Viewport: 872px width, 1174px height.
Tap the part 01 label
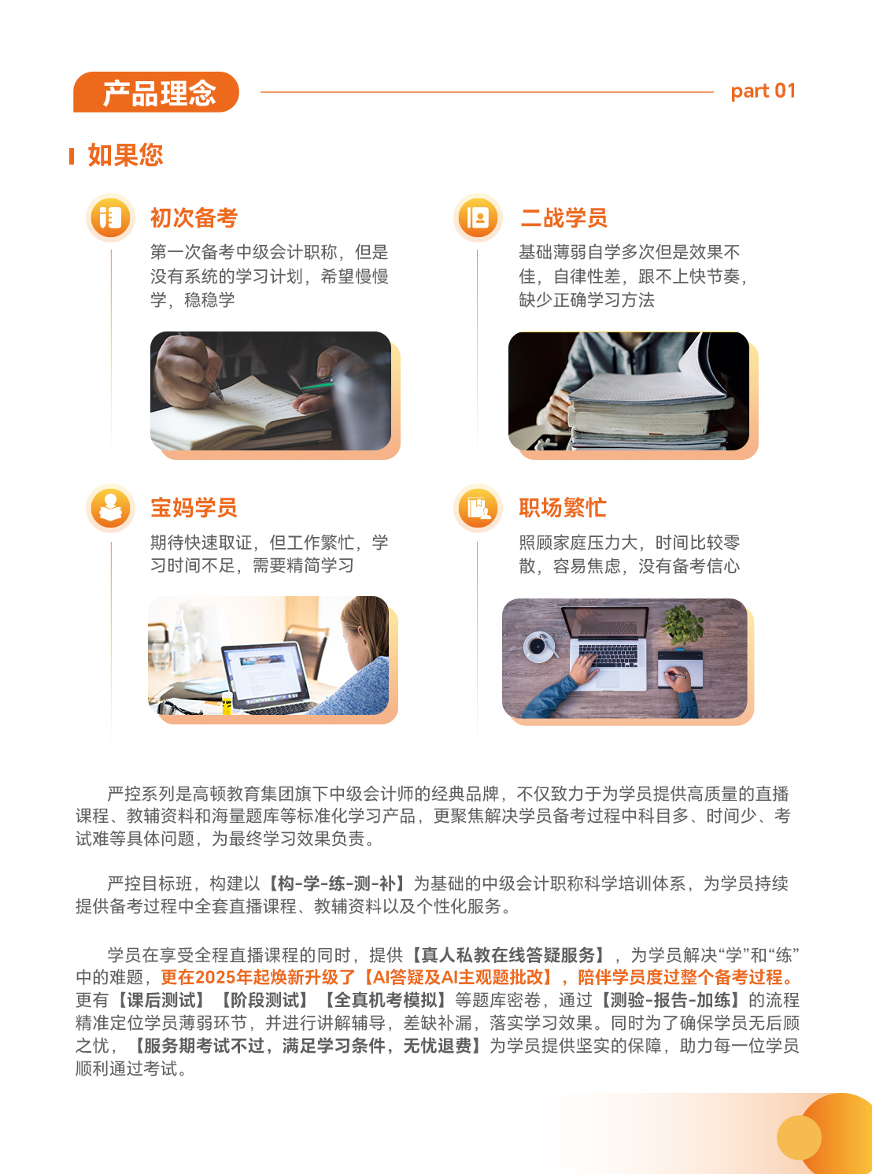763,91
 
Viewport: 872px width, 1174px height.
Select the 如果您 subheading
125,155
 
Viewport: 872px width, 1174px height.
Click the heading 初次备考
194,218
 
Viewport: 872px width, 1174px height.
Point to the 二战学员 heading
563,218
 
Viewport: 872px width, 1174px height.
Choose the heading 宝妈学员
194,508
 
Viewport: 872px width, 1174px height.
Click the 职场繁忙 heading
562,508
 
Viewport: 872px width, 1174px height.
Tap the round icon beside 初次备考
110,217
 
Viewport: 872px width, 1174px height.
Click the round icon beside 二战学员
478,217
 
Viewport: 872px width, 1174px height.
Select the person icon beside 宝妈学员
110,508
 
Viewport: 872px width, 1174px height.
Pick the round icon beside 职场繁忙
478,508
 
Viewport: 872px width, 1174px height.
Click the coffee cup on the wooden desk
538,646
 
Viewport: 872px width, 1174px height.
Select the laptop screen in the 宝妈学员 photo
263,672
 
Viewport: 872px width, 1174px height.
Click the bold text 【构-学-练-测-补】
338,883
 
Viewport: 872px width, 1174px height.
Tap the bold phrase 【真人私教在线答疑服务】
508,955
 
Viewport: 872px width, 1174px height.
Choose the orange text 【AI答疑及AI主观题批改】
457,977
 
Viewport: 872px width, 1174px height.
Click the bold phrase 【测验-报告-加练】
669,1000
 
